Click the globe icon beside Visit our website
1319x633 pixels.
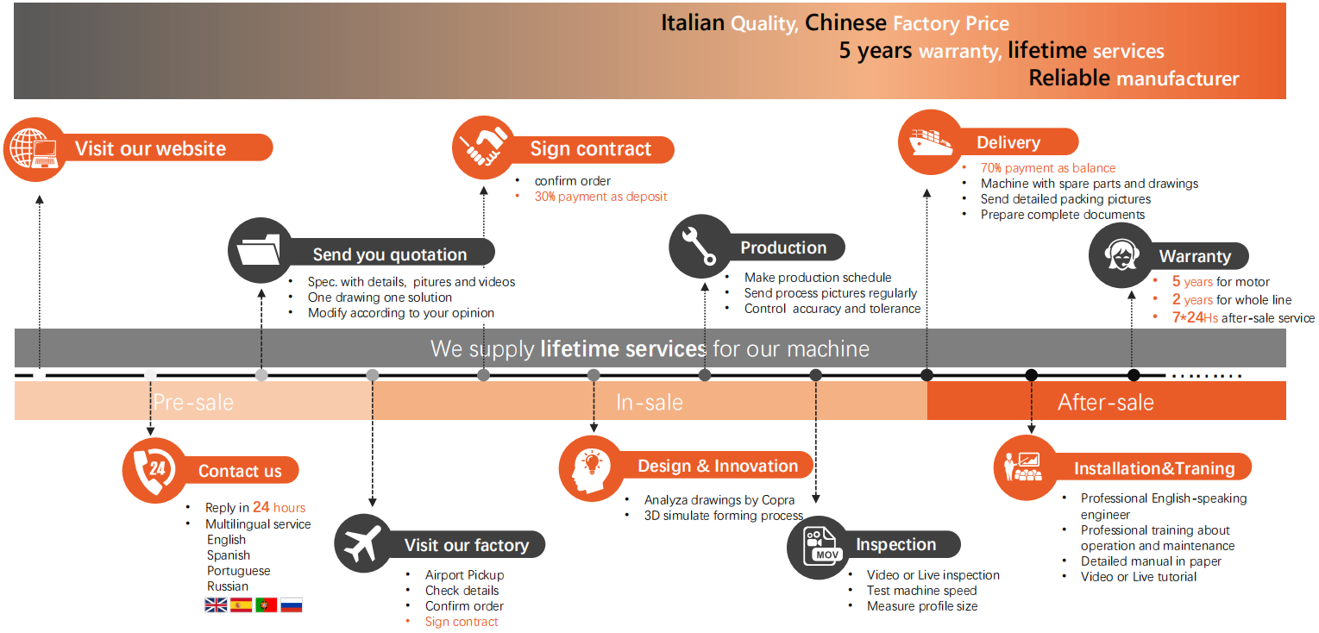(x=35, y=148)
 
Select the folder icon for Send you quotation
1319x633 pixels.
(x=260, y=250)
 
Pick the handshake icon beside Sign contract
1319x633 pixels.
(x=484, y=147)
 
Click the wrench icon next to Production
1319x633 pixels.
(x=700, y=246)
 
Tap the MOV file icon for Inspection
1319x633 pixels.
(x=818, y=546)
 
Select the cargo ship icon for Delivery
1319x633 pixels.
(x=930, y=141)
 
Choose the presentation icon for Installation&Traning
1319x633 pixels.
(x=1026, y=467)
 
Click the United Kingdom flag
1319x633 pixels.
(x=216, y=605)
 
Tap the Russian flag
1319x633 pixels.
(x=292, y=605)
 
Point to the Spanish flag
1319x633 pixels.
(x=241, y=605)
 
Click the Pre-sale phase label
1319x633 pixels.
(x=193, y=402)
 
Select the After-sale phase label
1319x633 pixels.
(x=1105, y=402)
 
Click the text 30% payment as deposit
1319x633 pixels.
(x=600, y=197)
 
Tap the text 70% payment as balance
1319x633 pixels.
(x=1047, y=168)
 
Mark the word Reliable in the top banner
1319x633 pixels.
(x=1069, y=78)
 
